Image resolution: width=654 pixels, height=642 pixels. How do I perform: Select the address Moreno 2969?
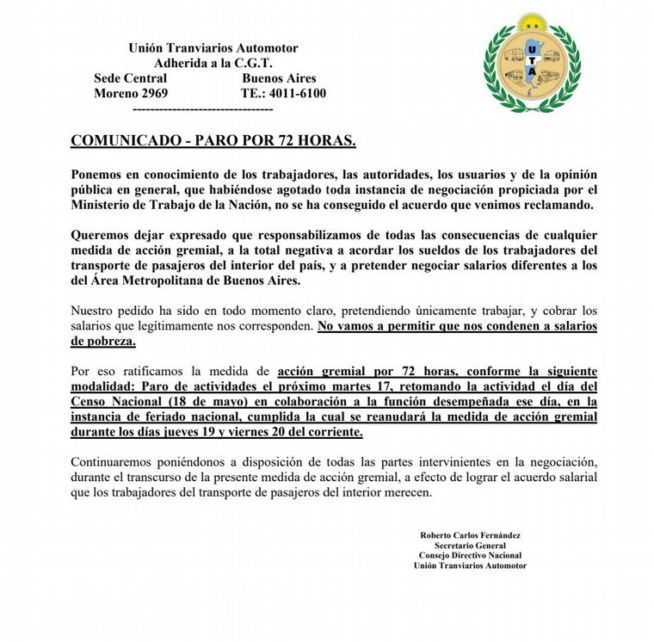click(131, 93)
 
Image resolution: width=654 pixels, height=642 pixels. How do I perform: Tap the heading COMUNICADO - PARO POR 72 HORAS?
click(213, 140)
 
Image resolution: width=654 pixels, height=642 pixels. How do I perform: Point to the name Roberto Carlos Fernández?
click(470, 535)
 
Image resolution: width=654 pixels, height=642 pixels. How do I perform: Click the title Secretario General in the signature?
click(470, 546)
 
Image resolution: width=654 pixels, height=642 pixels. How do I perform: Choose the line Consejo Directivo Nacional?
click(470, 556)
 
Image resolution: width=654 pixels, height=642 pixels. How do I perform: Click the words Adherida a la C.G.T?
click(213, 63)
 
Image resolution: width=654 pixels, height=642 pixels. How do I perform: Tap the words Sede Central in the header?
click(130, 78)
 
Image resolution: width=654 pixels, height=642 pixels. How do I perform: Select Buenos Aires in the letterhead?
click(280, 78)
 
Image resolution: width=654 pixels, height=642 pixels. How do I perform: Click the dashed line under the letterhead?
click(204, 109)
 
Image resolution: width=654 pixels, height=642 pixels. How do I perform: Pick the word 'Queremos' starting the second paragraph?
click(102, 235)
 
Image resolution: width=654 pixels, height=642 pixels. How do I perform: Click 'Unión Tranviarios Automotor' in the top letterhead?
click(213, 48)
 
